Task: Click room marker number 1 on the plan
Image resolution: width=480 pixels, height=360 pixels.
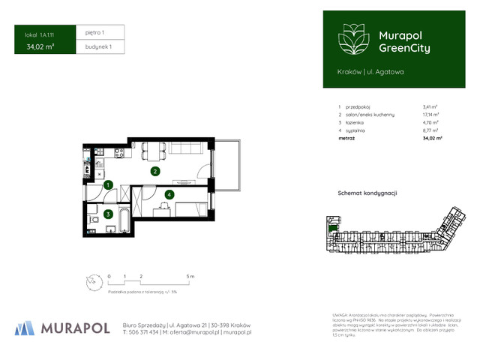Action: [108, 184]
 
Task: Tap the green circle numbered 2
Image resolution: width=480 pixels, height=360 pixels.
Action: [154, 171]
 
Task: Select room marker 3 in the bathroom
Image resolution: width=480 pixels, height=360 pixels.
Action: [108, 214]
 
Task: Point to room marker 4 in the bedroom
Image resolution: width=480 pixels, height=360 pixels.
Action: [169, 195]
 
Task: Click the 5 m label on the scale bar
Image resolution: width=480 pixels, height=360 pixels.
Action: [191, 277]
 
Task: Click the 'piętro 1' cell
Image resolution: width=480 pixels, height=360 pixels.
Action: [94, 33]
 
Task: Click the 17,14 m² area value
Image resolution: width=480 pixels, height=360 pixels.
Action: [431, 115]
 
